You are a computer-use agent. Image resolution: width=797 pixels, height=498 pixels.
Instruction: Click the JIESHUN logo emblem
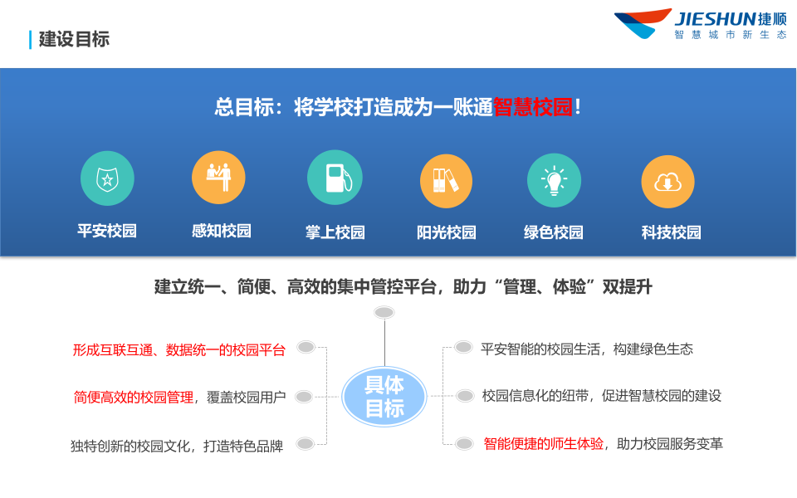coord(642,22)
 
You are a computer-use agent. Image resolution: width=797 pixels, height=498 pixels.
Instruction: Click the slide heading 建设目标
coord(74,39)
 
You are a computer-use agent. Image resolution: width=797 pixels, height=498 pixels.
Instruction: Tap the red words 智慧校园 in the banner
coord(533,108)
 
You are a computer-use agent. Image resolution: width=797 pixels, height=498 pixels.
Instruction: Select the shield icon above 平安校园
coord(107,178)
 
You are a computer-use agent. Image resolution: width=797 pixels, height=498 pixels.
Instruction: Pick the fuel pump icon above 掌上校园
coord(335,178)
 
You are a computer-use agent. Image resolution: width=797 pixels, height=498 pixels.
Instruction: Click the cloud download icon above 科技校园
coord(668,181)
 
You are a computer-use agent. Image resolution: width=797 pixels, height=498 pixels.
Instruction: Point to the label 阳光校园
coord(447,232)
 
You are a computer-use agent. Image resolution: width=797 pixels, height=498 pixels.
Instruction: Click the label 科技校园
coord(671,232)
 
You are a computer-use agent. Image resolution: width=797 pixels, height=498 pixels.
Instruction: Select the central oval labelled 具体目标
coord(384,397)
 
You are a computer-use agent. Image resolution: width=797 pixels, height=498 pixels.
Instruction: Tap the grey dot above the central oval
coord(384,312)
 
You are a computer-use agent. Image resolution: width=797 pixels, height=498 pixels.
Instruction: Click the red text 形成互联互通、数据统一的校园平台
coord(179,350)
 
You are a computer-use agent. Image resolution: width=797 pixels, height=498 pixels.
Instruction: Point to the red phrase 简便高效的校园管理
coord(134,398)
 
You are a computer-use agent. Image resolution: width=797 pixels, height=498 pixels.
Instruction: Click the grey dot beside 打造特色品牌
coord(306,444)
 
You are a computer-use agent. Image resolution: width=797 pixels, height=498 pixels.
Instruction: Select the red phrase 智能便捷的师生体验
coord(544,444)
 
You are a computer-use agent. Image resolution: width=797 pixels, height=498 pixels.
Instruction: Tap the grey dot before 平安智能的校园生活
coord(463,348)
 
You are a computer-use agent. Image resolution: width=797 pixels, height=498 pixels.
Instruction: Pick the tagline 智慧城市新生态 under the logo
coord(730,35)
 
